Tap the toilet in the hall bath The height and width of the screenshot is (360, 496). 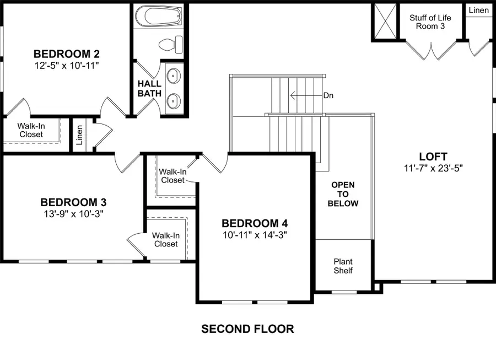click(x=171, y=43)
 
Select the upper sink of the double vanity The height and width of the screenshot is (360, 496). click(x=174, y=74)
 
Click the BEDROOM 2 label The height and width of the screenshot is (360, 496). click(x=66, y=54)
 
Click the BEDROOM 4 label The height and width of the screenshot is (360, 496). click(x=255, y=223)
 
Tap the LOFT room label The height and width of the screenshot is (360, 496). click(x=433, y=157)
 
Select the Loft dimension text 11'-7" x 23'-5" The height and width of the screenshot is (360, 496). click(x=433, y=168)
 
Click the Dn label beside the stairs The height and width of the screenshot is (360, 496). click(x=328, y=95)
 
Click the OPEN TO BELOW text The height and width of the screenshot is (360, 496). click(x=343, y=194)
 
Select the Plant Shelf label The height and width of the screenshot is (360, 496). click(x=343, y=266)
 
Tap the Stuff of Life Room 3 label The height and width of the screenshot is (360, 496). click(x=430, y=22)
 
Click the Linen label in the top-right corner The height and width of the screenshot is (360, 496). click(x=478, y=10)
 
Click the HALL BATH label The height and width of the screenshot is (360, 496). click(x=149, y=88)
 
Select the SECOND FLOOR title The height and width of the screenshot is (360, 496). click(x=247, y=329)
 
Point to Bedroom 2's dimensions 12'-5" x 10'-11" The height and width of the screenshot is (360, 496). click(x=66, y=66)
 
